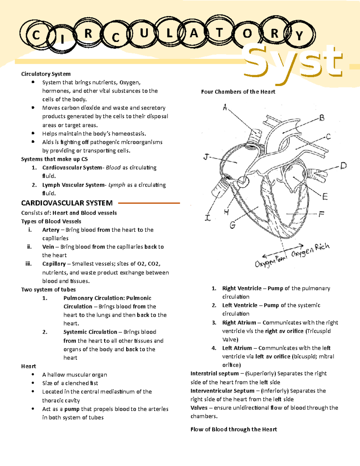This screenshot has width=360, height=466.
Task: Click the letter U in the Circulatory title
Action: point(144,33)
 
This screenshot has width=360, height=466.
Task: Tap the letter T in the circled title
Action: point(220,32)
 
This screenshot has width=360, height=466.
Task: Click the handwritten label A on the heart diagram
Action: point(225,107)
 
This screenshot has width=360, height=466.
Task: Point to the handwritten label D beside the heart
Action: point(343,166)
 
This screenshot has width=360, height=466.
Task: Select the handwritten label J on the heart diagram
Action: point(206,157)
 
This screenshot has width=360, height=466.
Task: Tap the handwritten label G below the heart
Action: point(232,225)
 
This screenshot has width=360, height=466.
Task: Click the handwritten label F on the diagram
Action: point(321,214)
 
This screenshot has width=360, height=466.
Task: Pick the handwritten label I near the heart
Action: point(208,218)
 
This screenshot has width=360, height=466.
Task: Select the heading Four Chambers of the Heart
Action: point(238,92)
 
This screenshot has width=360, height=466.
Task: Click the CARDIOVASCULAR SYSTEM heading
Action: point(67,203)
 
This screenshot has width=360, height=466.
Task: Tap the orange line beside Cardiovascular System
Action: point(149,203)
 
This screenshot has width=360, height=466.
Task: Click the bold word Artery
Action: point(51,230)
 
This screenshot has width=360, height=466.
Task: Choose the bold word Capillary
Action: point(54,264)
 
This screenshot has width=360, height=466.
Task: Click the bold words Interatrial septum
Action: point(214,374)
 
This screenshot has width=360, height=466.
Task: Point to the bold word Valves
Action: point(199,408)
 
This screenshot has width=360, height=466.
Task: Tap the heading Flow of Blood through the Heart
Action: point(233,429)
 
